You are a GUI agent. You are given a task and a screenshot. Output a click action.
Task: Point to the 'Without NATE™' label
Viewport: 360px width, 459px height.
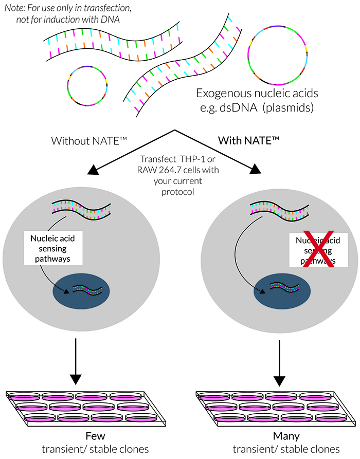(x=85, y=140)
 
